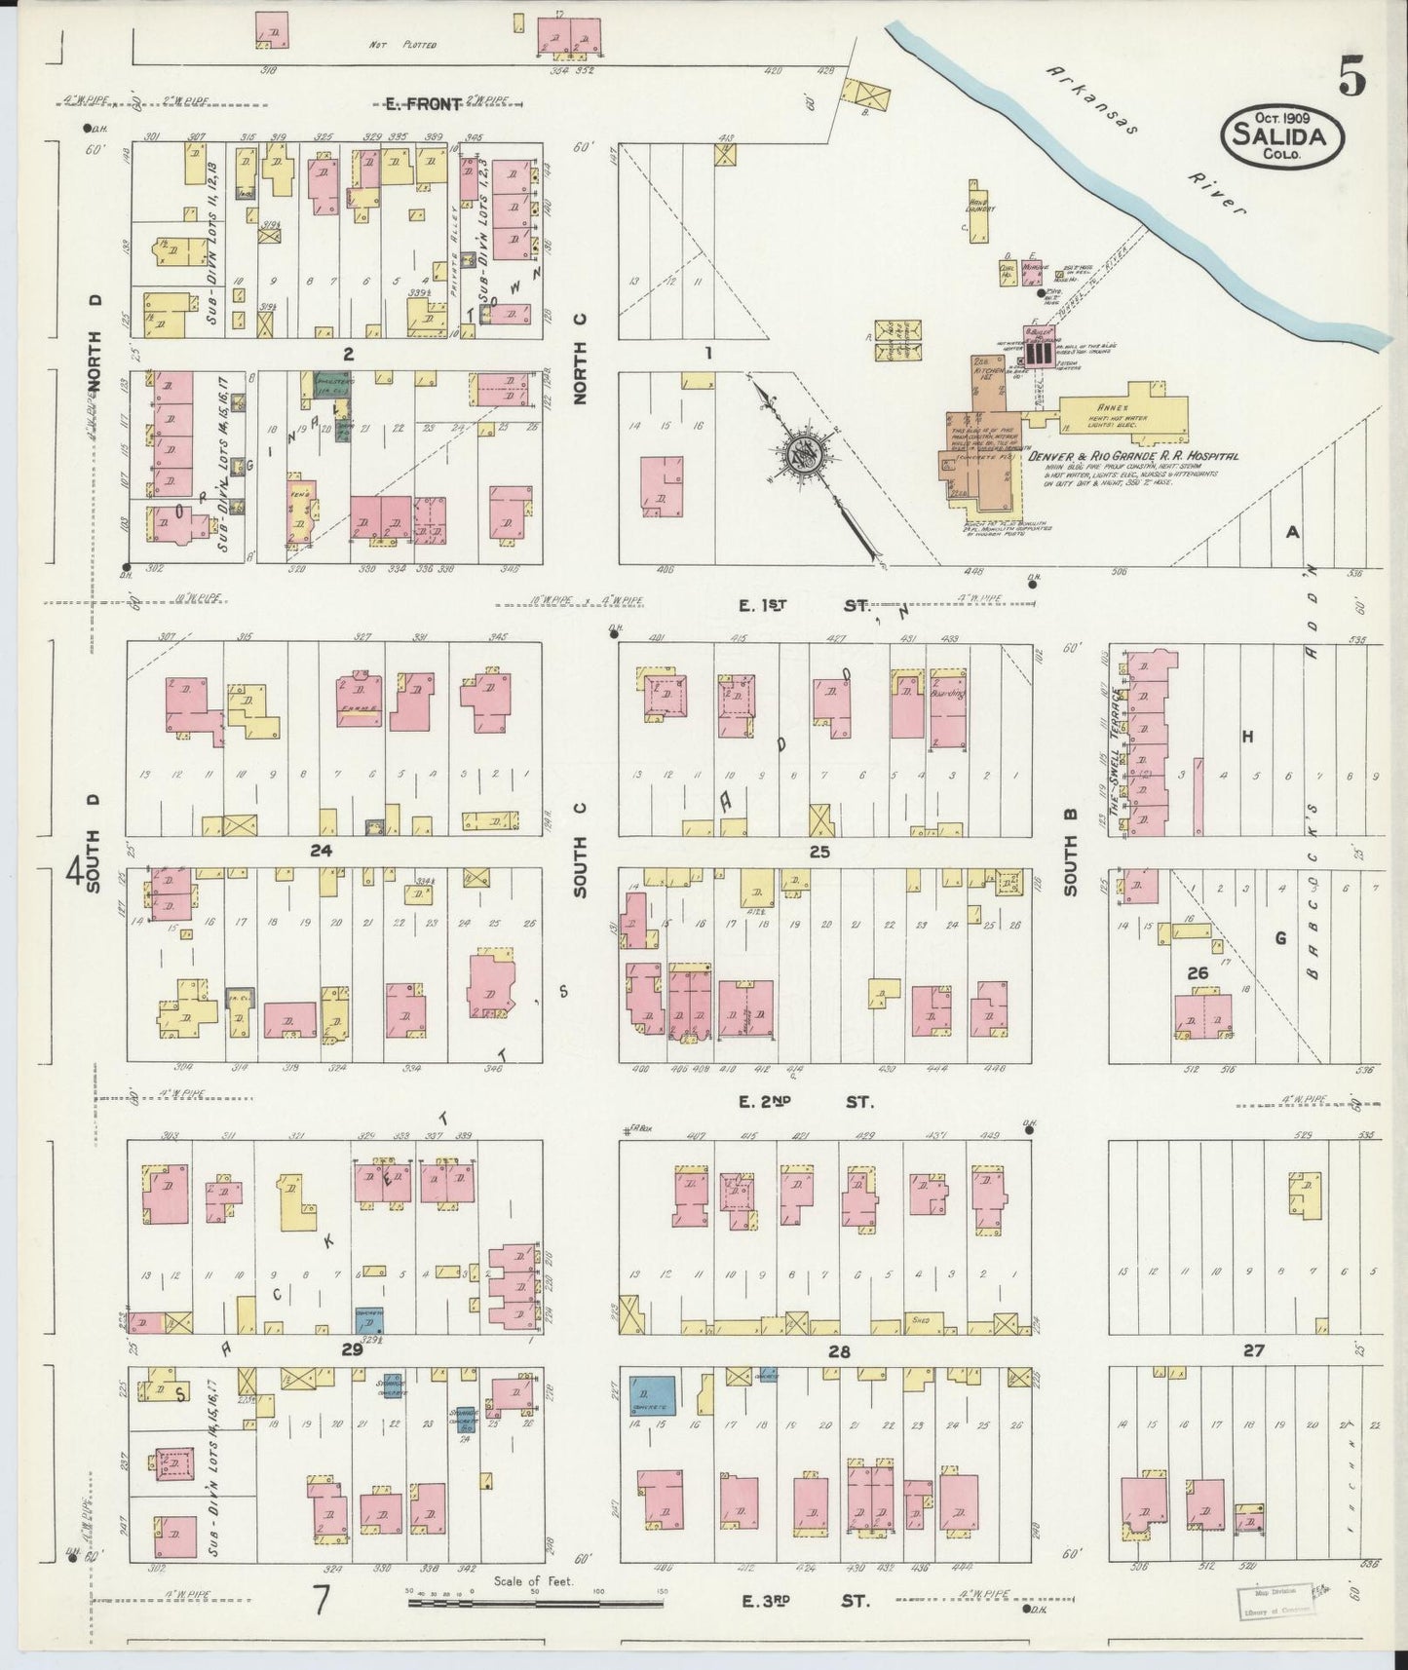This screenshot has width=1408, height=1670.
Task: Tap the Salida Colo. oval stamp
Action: (1281, 137)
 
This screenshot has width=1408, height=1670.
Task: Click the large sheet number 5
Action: (1351, 77)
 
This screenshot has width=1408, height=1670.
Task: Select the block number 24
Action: (321, 851)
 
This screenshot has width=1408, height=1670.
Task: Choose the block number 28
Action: (839, 1351)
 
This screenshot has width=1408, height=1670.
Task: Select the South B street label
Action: (1070, 866)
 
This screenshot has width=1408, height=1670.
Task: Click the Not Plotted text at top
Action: (402, 46)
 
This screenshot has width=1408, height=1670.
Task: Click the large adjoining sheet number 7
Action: (320, 1598)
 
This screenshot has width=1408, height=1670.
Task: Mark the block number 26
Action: (1198, 972)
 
